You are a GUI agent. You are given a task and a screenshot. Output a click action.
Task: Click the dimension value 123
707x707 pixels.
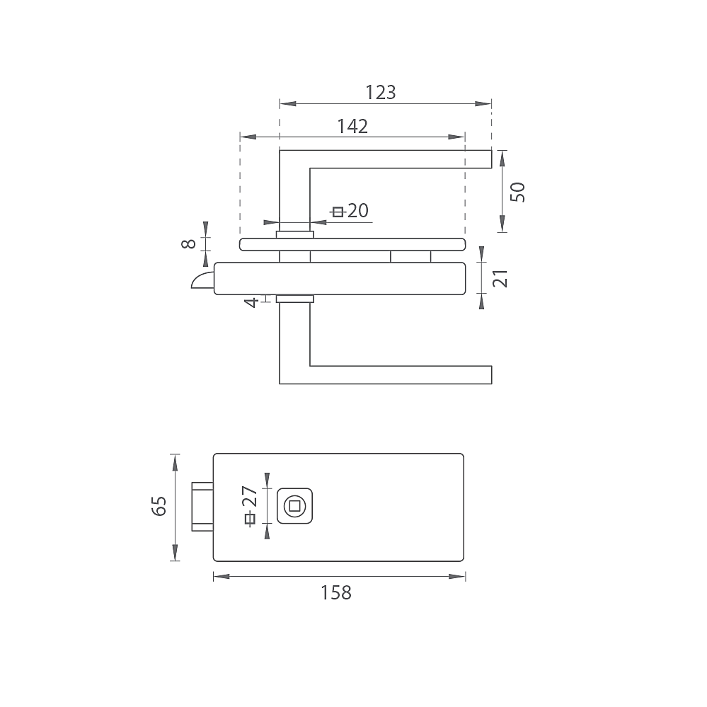click(x=381, y=93)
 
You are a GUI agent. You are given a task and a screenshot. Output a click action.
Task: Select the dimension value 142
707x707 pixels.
click(x=352, y=127)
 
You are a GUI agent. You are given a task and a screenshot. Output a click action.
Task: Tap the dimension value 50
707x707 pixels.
click(x=519, y=192)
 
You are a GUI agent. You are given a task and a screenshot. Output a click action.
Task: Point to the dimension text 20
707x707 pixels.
click(x=358, y=210)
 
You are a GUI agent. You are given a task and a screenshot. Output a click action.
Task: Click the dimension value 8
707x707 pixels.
click(x=188, y=243)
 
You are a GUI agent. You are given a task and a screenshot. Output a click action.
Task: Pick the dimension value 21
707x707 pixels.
click(x=500, y=278)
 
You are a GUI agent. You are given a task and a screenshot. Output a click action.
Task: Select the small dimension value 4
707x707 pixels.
click(x=250, y=302)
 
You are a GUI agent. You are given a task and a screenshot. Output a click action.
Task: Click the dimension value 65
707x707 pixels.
click(x=159, y=506)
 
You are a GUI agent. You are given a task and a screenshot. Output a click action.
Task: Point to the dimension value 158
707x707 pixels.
click(x=336, y=593)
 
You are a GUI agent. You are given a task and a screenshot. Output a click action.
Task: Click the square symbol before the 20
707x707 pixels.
click(x=338, y=211)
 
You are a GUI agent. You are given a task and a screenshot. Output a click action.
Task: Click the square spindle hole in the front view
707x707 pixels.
click(x=294, y=505)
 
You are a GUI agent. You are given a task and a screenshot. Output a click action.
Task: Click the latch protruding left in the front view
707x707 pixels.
click(x=202, y=506)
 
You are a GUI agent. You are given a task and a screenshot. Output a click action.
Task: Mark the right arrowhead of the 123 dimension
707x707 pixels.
click(x=484, y=104)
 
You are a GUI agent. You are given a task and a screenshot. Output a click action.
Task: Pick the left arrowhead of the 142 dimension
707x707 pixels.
click(x=247, y=137)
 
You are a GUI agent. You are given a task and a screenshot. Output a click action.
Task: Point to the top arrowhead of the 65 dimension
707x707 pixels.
click(x=175, y=461)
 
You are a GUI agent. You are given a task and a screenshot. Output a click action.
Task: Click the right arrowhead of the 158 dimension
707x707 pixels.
click(x=458, y=577)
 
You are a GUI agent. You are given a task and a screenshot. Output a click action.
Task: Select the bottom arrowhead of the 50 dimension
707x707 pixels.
click(x=502, y=224)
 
